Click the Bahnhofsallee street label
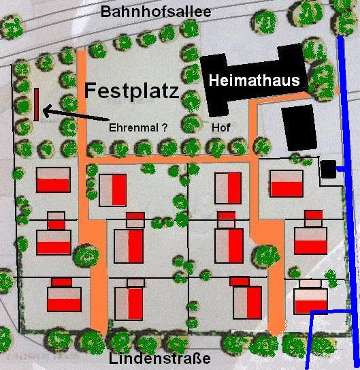(155, 12)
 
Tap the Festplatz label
(132, 91)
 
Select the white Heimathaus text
(255, 81)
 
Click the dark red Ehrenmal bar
(36, 104)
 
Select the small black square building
(328, 169)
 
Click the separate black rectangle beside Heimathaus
(297, 127)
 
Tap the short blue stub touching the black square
(340, 167)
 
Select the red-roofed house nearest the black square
(286, 182)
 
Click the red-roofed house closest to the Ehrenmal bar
(53, 179)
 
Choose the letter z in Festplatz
(173, 91)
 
